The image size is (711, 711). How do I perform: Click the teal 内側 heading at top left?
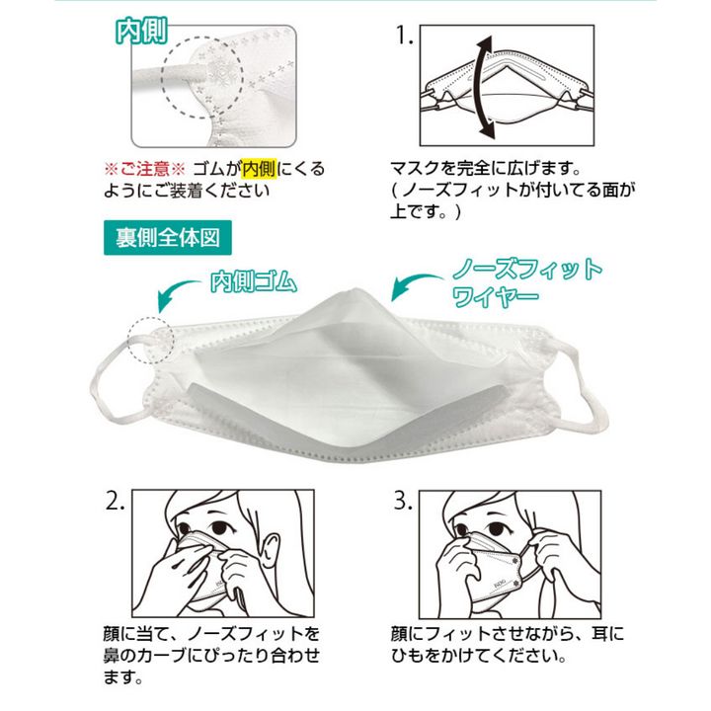pyautogui.click(x=142, y=31)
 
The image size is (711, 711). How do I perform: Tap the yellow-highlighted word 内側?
pyautogui.click(x=259, y=169)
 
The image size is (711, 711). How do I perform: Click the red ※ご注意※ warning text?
pyautogui.click(x=144, y=169)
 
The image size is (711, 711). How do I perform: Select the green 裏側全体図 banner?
pyautogui.click(x=168, y=238)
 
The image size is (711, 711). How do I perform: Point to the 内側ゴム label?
pyautogui.click(x=254, y=281)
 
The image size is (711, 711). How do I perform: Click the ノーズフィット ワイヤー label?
pyautogui.click(x=527, y=283)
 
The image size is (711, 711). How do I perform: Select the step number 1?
pyautogui.click(x=405, y=36)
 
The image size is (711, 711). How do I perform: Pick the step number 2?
pyautogui.click(x=115, y=501)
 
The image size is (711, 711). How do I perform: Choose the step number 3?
pyautogui.click(x=403, y=501)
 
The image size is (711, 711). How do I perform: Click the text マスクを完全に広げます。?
pyautogui.click(x=486, y=169)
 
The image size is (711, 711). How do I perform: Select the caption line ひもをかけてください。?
pyautogui.click(x=479, y=656)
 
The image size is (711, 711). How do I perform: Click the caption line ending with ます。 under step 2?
pyautogui.click(x=123, y=677)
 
